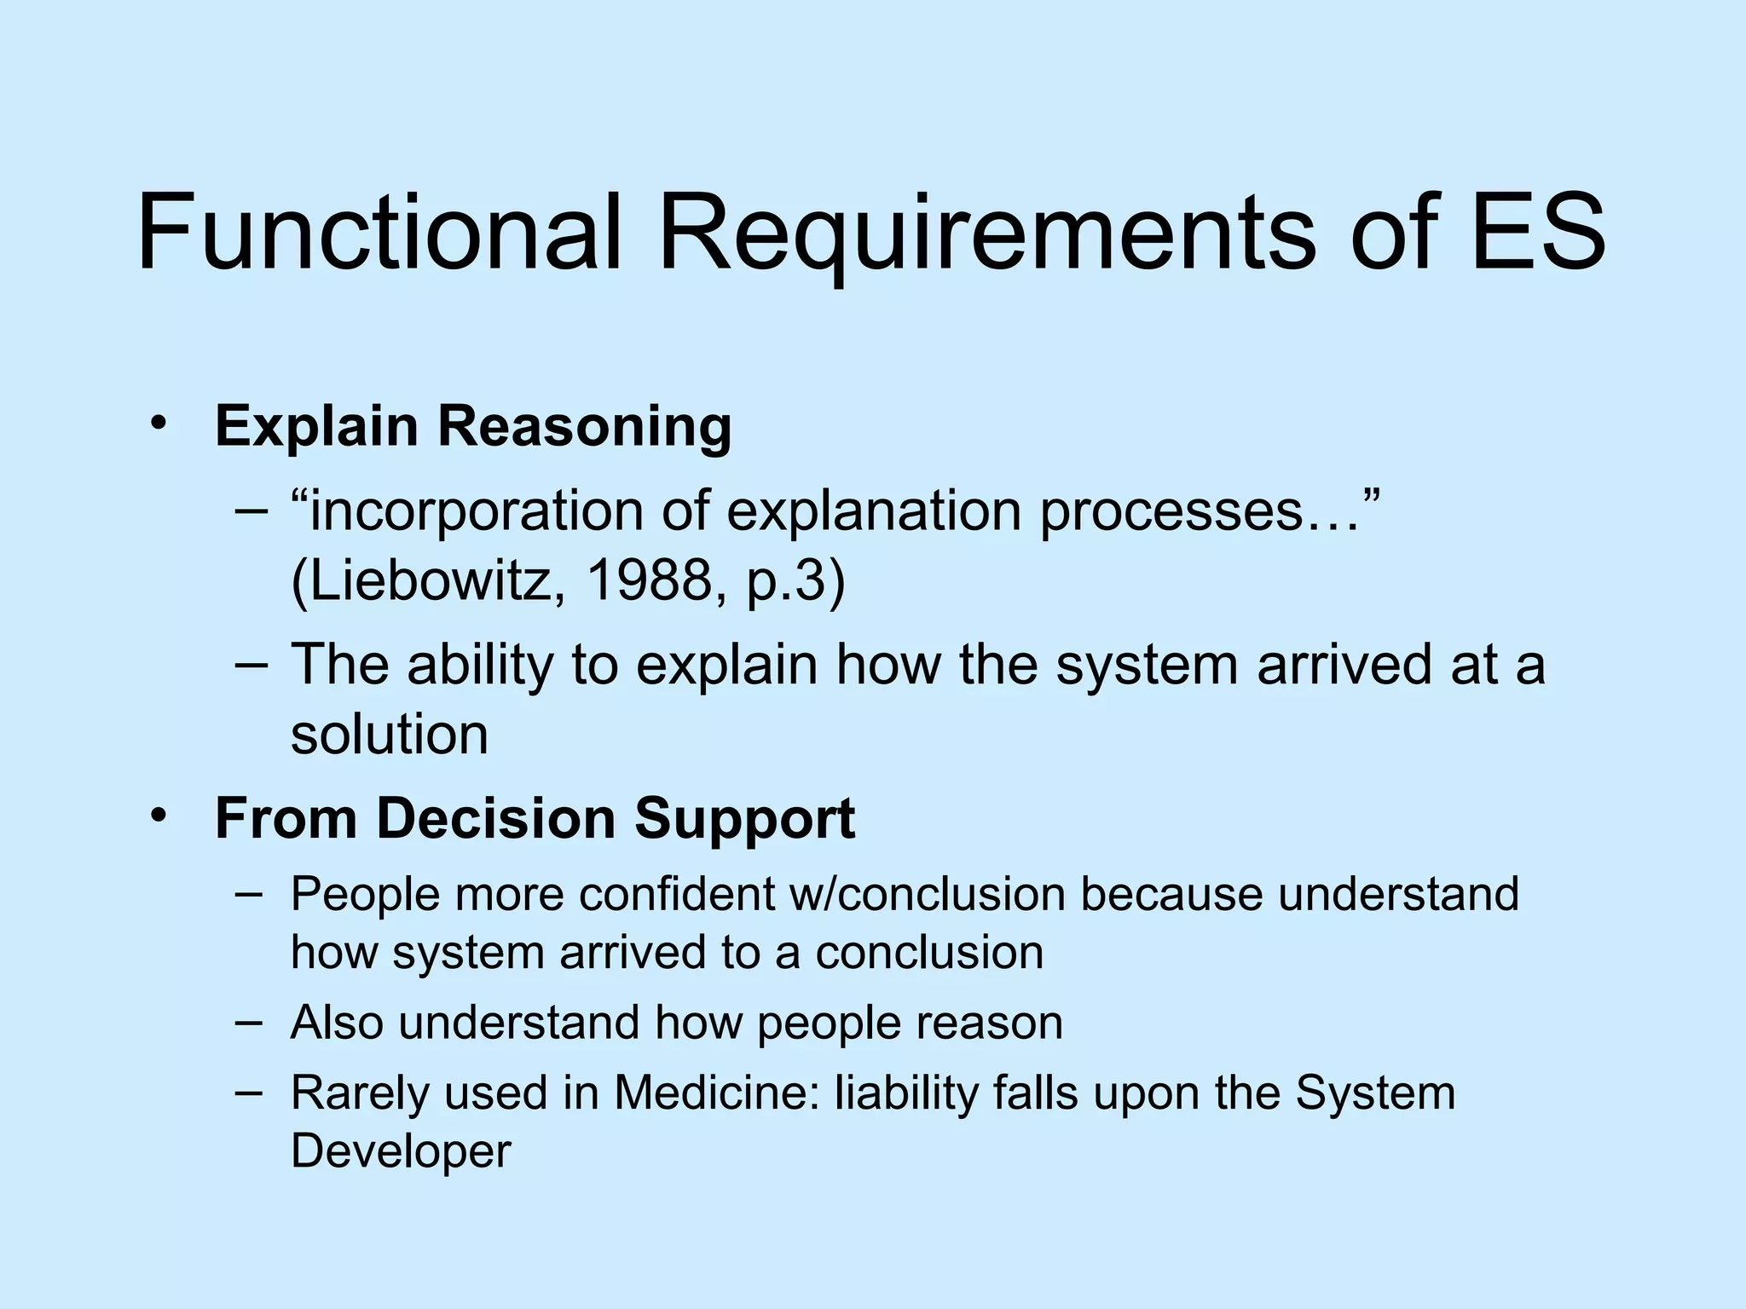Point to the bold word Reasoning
pyautogui.click(x=584, y=426)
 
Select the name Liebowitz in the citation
pyautogui.click(x=427, y=581)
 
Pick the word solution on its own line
pyautogui.click(x=390, y=734)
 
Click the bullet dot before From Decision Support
pyautogui.click(x=158, y=816)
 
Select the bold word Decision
pyautogui.click(x=496, y=818)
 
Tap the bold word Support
pyautogui.click(x=744, y=818)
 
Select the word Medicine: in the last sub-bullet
pyautogui.click(x=717, y=1093)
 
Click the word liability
pyautogui.click(x=905, y=1093)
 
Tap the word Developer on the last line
pyautogui.click(x=401, y=1151)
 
